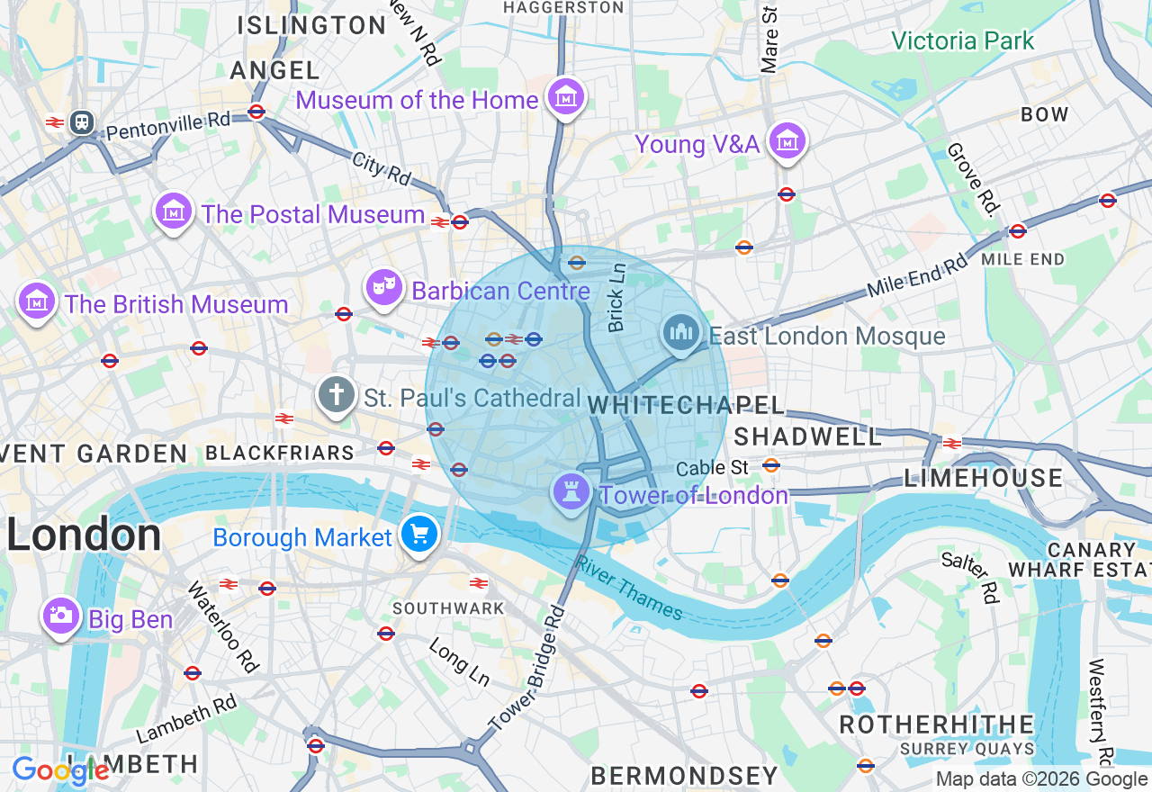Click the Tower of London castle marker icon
click(571, 491)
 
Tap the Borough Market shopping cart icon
click(418, 534)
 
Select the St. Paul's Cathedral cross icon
click(337, 395)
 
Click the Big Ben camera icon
click(60, 616)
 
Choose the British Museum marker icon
click(37, 301)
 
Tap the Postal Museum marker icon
click(174, 211)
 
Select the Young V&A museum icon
click(787, 141)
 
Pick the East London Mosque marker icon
click(681, 334)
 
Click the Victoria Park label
click(962, 41)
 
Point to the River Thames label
click(629, 587)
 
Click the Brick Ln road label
click(616, 297)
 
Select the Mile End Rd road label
click(917, 276)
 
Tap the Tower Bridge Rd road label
click(527, 668)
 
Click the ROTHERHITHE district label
click(937, 724)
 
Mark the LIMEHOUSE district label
click(984, 478)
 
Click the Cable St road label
click(712, 467)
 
